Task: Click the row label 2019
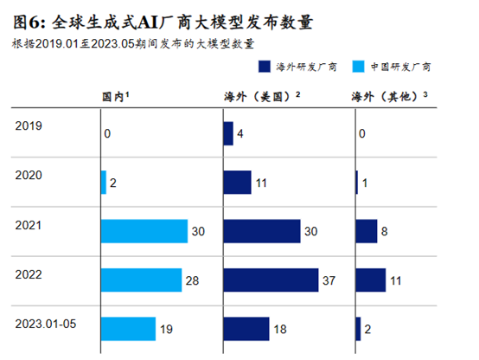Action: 29,125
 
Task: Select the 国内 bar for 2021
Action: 144,231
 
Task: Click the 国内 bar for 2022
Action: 141,280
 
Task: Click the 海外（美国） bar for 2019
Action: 228,133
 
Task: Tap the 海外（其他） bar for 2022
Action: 370,280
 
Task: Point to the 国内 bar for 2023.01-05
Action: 128,329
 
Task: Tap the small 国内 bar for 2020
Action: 104,183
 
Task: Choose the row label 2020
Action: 29,174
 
